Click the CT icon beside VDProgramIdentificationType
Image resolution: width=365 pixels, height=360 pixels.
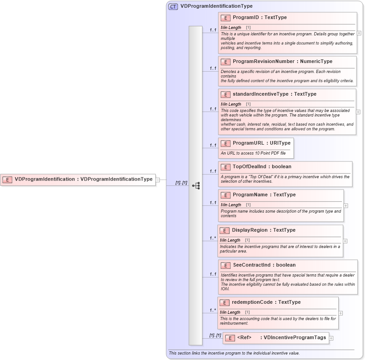pos(173,6)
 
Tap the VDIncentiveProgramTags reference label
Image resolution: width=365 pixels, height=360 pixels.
pos(296,338)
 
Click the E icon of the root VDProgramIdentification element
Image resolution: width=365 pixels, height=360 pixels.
pos(7,180)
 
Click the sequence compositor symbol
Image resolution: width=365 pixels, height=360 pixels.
pos(196,185)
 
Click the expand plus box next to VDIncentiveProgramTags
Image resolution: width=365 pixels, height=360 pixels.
pos(331,338)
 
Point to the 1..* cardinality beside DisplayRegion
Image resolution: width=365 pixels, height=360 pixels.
pos(212,238)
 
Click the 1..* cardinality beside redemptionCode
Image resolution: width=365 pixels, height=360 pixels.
pos(212,311)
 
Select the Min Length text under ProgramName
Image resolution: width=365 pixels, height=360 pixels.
pos(231,205)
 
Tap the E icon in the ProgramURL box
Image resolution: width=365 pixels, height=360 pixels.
pos(226,143)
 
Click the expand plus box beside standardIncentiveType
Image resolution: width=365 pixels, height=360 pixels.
pos(358,111)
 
